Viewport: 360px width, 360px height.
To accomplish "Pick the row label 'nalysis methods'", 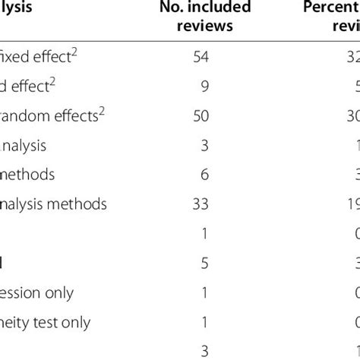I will click(53, 204).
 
